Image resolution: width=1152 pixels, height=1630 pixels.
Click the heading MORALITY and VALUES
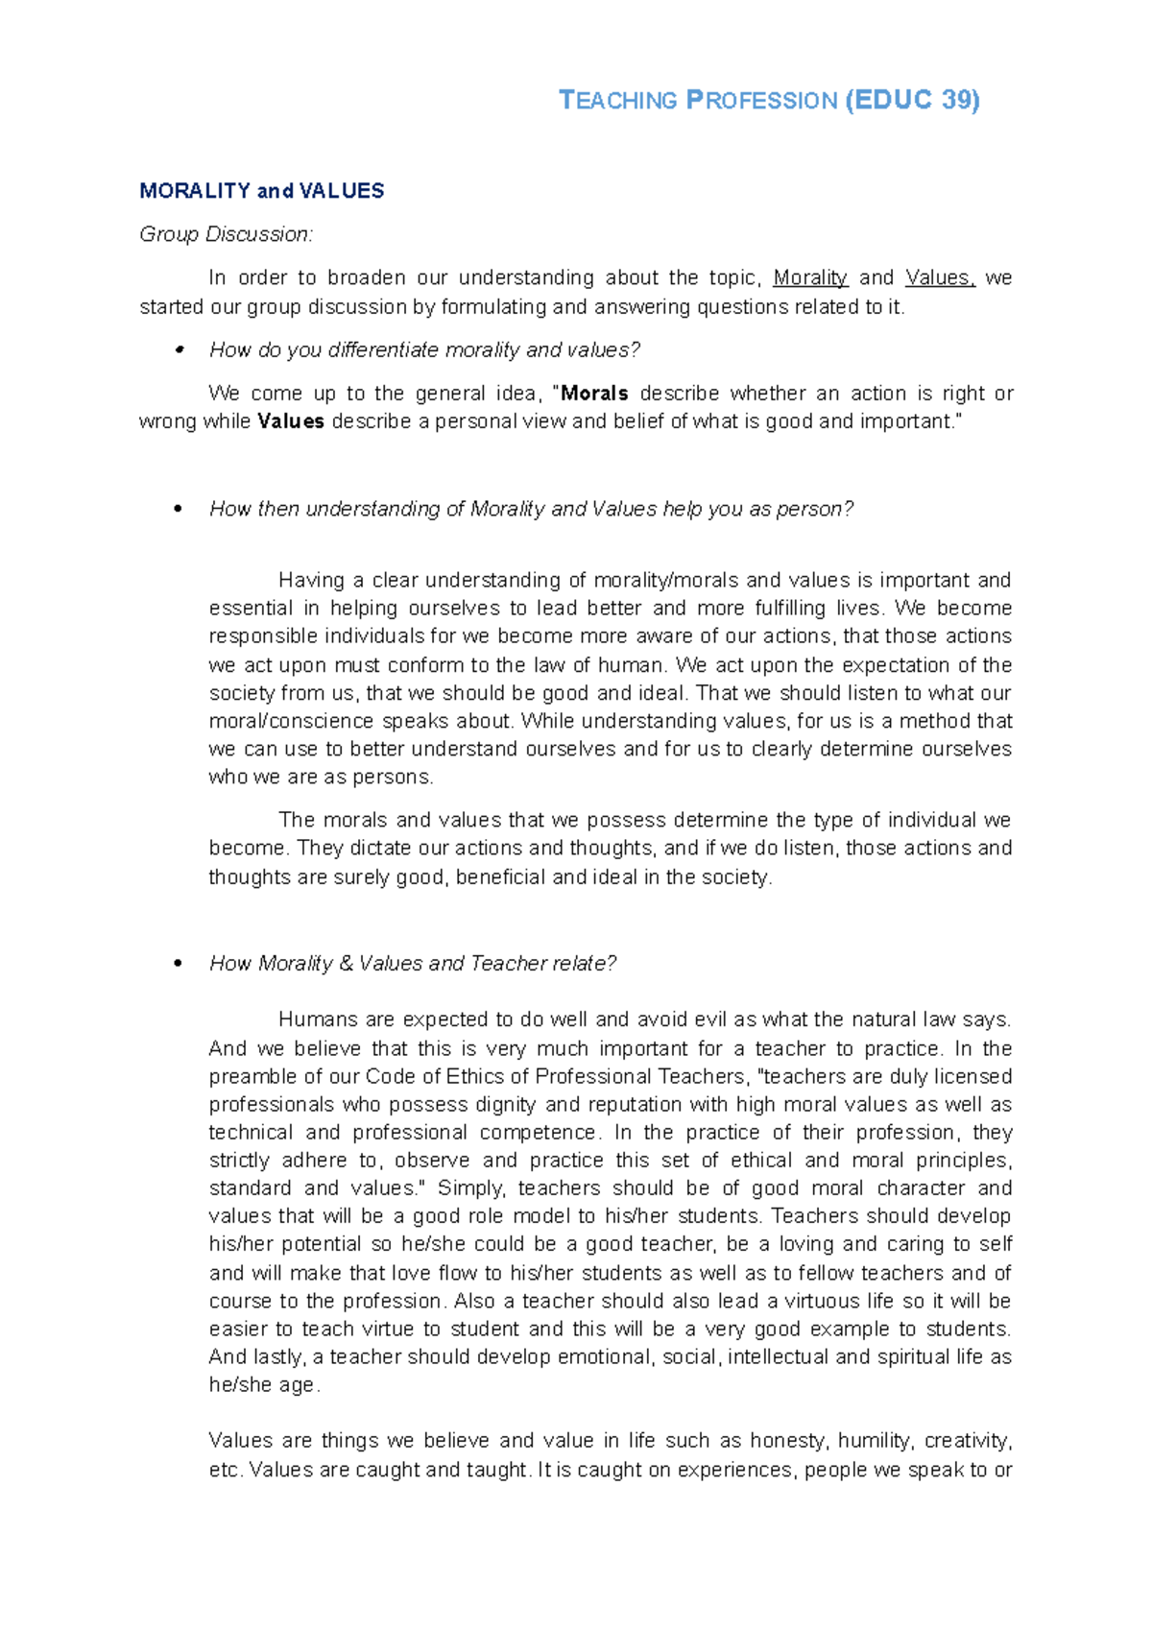pyautogui.click(x=261, y=191)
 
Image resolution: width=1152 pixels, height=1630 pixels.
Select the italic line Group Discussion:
pyautogui.click(x=226, y=234)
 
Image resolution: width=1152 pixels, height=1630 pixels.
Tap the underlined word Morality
pyautogui.click(x=809, y=278)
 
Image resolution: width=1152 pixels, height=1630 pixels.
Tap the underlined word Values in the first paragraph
pyautogui.click(x=938, y=278)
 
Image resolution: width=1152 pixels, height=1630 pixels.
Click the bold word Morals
pyautogui.click(x=594, y=394)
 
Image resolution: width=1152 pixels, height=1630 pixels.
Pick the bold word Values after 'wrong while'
pyautogui.click(x=291, y=421)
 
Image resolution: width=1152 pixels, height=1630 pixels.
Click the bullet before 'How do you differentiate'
pyautogui.click(x=178, y=351)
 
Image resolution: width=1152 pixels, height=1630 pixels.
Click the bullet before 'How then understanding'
pyautogui.click(x=178, y=510)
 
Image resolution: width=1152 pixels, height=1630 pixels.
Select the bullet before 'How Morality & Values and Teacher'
pyautogui.click(x=178, y=964)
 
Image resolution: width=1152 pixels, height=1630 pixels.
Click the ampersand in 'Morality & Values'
pyautogui.click(x=346, y=964)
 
